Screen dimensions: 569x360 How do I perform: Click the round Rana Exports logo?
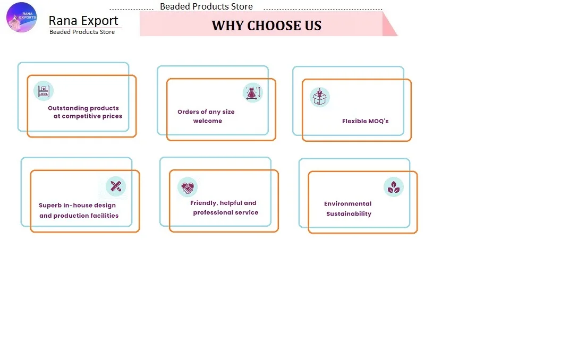click(22, 17)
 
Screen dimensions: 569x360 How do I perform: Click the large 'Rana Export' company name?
click(83, 21)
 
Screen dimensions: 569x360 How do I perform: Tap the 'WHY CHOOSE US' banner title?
click(266, 25)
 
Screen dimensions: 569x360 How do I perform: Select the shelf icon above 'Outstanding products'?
click(44, 91)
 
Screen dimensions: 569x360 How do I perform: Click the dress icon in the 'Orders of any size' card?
click(252, 92)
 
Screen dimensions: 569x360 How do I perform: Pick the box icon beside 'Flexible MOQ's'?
click(320, 97)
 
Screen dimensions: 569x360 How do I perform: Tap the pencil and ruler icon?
click(116, 186)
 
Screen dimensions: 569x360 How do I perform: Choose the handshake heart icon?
click(188, 187)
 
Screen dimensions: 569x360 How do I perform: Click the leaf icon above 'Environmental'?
click(394, 187)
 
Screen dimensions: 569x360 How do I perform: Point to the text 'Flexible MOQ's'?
click(365, 121)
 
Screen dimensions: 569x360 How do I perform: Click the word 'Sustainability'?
click(349, 214)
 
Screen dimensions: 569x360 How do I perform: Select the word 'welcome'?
click(208, 121)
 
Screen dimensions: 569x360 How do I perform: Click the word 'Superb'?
click(50, 205)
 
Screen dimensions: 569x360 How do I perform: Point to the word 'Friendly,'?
click(204, 203)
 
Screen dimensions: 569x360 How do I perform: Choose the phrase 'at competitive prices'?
click(88, 116)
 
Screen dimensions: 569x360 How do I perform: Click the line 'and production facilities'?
click(79, 216)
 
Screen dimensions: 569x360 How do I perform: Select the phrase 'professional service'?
click(225, 212)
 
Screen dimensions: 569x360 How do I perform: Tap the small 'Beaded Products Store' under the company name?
click(82, 32)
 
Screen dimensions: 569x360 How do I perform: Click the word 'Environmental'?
click(348, 204)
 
